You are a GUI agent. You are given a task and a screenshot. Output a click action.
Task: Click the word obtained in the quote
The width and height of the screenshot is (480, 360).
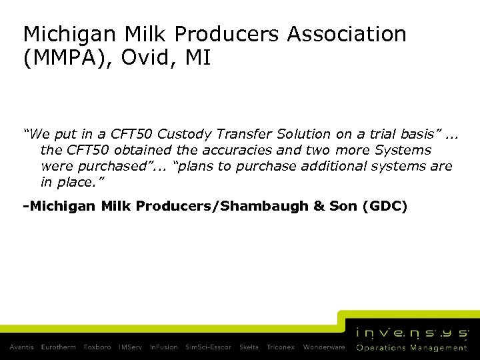pyautogui.click(x=141, y=150)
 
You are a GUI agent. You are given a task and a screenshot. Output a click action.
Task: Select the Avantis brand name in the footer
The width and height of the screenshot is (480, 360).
pyautogui.click(x=22, y=347)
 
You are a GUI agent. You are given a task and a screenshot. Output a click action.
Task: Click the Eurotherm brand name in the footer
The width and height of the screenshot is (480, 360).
pyautogui.click(x=59, y=347)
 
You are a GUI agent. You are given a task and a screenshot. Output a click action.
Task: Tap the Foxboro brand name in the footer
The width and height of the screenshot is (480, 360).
pyautogui.click(x=97, y=347)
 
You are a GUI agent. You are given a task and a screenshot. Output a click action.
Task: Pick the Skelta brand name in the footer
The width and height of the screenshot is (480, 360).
pyautogui.click(x=248, y=347)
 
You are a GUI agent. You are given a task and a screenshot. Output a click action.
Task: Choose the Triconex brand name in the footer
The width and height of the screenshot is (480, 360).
pyautogui.click(x=281, y=347)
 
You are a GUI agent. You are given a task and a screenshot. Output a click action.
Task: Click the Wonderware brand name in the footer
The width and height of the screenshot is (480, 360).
pyautogui.click(x=324, y=347)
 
